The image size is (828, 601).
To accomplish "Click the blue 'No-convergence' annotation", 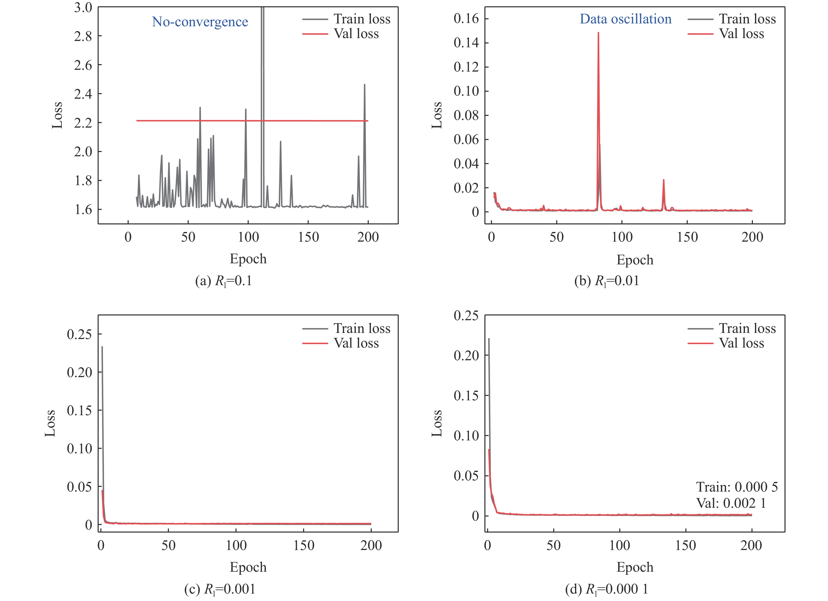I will [200, 22].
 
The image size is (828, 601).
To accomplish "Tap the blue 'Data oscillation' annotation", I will [625, 19].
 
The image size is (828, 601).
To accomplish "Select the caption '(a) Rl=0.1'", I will [223, 281].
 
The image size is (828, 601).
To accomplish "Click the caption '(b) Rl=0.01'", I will [606, 281].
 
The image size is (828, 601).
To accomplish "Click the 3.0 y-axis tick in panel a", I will [83, 7].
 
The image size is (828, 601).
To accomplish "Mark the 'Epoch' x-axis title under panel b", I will [635, 260].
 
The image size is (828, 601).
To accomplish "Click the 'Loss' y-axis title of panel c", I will [50, 423].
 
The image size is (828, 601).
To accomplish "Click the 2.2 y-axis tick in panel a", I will [83, 123].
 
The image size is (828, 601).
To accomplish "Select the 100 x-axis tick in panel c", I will [236, 546].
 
